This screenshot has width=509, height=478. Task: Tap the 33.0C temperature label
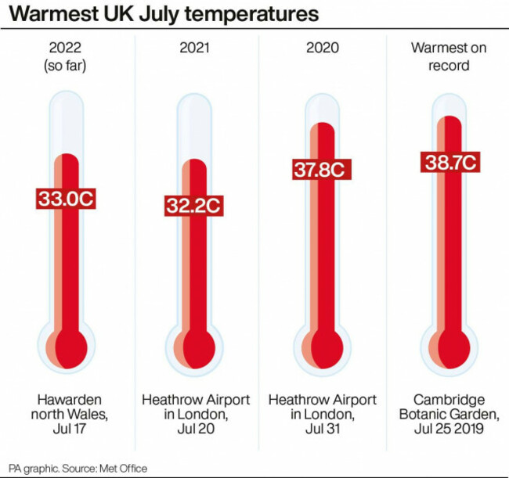[x=66, y=199]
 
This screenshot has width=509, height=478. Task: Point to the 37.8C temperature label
[x=320, y=168]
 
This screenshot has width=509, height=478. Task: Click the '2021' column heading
[x=196, y=49]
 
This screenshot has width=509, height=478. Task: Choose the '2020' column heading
[x=323, y=49]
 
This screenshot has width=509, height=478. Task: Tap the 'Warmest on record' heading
[x=449, y=56]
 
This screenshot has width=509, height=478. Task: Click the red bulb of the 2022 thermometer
[x=70, y=345]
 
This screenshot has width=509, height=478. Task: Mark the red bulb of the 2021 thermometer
[x=197, y=345]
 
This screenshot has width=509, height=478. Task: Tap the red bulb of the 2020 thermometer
[x=325, y=345]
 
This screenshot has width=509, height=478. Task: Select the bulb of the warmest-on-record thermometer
[x=452, y=345]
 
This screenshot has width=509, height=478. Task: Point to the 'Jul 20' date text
[x=196, y=429]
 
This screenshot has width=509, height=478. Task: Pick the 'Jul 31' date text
[x=323, y=429]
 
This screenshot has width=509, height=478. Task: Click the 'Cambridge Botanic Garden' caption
[x=449, y=407]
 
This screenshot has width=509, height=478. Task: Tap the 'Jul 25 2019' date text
[x=449, y=429]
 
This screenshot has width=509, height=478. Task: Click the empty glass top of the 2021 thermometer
[x=194, y=125]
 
